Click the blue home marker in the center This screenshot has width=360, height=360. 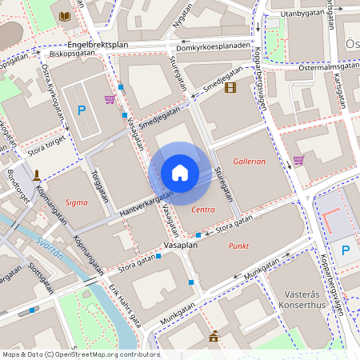point(180,173)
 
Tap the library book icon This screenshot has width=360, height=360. point(65,15)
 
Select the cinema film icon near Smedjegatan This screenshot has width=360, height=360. point(230,87)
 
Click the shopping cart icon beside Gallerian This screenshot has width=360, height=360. point(298,160)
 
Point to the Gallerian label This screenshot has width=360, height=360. point(248,161)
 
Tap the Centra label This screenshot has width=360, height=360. point(204,209)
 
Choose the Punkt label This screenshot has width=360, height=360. point(238,246)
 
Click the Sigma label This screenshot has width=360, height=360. point(77,202)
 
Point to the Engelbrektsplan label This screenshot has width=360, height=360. point(98,44)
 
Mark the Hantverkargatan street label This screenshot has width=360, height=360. point(146,206)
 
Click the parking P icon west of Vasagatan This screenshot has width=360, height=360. point(81,110)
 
